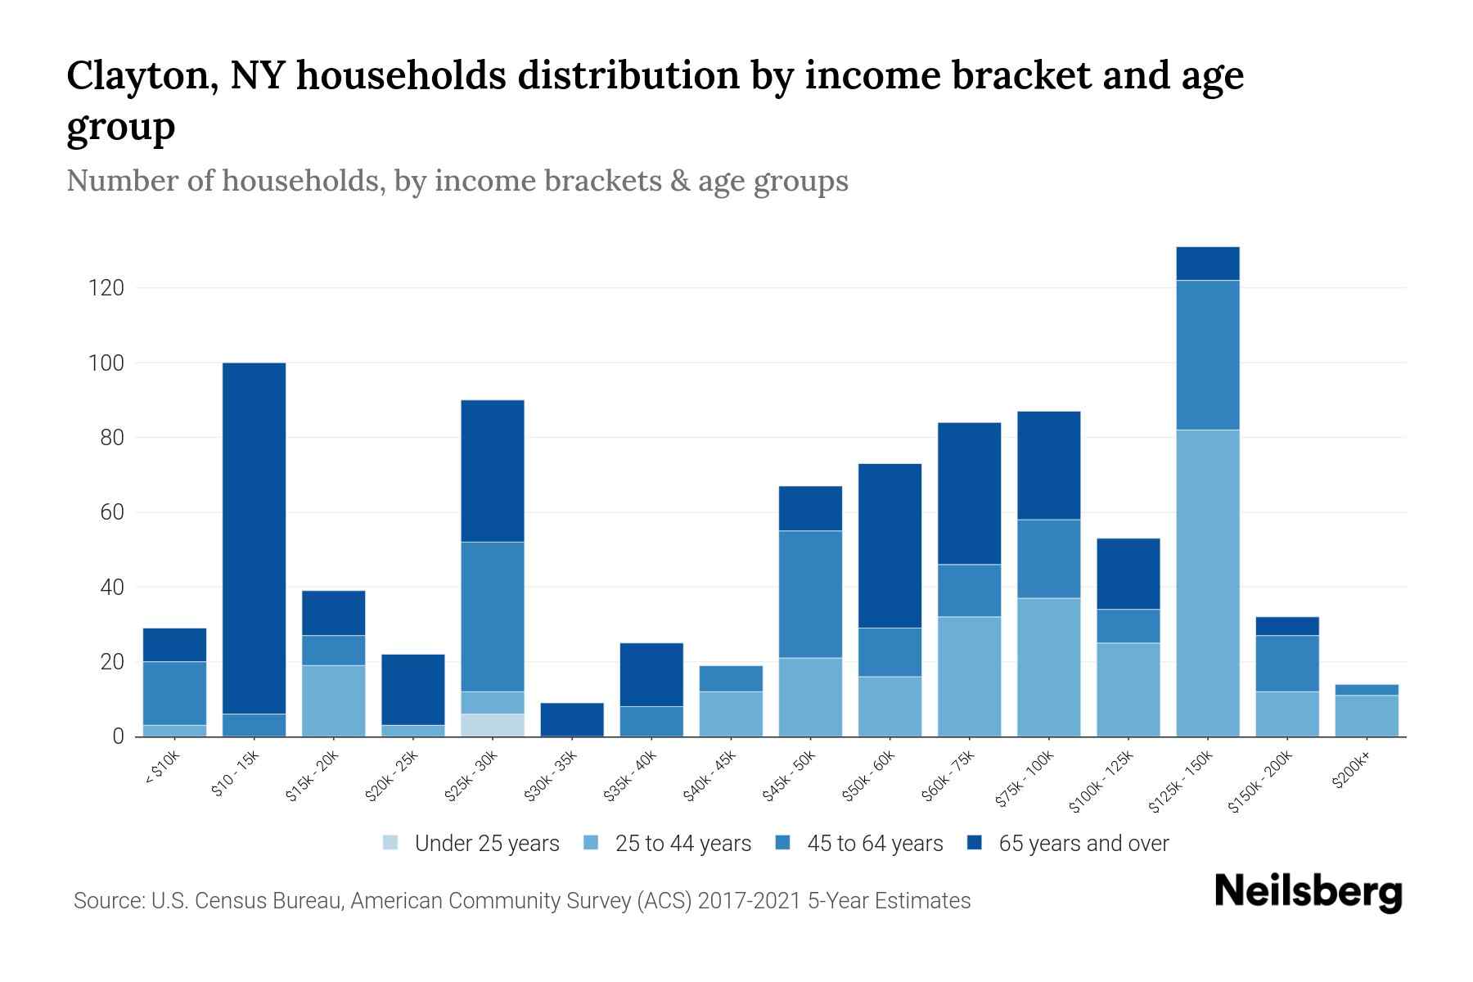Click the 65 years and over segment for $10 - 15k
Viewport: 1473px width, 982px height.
point(254,538)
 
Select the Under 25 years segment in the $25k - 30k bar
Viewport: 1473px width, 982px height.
point(493,725)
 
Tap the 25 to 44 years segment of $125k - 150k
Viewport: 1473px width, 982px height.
point(1207,583)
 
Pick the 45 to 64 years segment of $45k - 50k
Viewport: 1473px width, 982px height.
point(810,594)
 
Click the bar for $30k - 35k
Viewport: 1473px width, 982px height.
point(572,719)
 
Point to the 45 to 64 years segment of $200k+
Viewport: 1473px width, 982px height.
point(1366,690)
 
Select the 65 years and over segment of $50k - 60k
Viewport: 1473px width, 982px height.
point(890,546)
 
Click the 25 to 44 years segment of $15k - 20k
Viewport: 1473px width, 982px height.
point(333,700)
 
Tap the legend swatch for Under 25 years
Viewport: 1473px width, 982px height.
point(391,843)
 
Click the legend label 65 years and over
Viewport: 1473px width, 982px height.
point(1083,843)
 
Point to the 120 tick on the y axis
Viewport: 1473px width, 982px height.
point(107,288)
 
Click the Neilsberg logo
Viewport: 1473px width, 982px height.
point(1308,892)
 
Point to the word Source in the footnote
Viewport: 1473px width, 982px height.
point(107,901)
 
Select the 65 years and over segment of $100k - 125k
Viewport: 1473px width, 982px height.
point(1128,574)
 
